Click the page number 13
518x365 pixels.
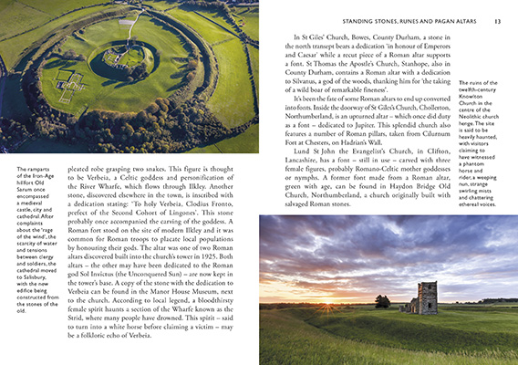[x=496, y=20]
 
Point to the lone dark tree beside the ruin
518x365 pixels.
[x=382, y=299]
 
